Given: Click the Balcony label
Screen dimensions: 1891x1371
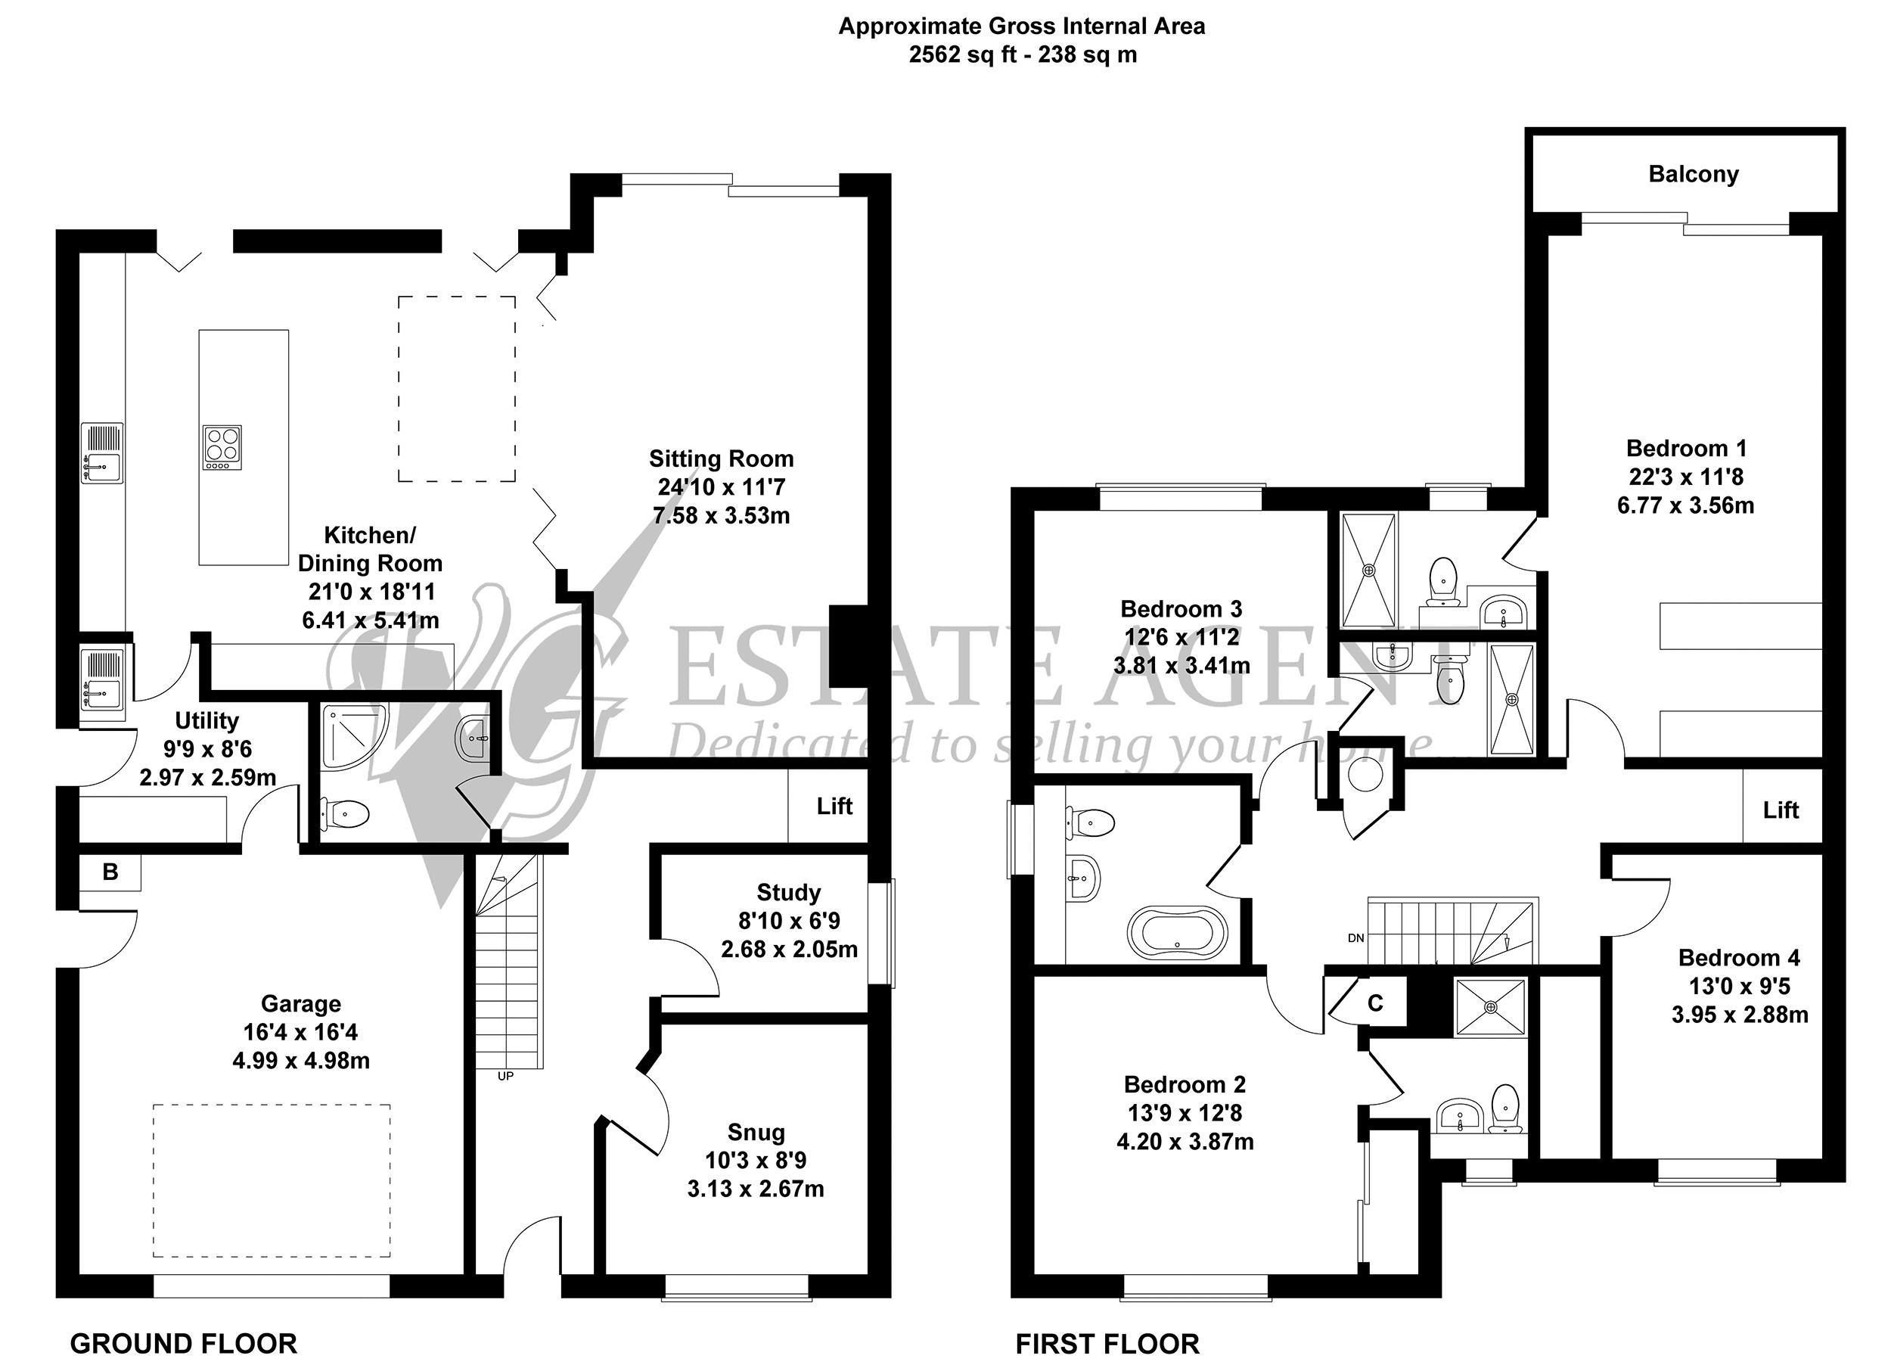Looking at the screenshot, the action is pos(1694,174).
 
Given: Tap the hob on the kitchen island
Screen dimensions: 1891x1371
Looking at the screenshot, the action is pos(222,447).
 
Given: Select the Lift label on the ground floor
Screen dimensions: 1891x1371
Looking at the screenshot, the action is pos(834,806).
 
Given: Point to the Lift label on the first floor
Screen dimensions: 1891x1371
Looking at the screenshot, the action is pos(1781,810).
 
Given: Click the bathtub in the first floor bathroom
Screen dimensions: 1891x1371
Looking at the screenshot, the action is pos(1177,931).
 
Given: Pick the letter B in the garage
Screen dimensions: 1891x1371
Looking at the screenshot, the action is pos(110,872).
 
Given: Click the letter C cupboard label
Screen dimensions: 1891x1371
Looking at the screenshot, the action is pos(1376,1003).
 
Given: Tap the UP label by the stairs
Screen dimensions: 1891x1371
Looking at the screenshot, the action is pos(505,1076).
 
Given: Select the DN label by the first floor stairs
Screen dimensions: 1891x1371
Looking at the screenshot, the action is pos(1355,938).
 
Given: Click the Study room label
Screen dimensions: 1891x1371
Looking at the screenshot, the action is pos(789,893).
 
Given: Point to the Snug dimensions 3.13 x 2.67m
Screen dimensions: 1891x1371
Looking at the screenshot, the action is pos(756,1189).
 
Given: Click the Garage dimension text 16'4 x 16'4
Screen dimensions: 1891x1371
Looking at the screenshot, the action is pos(300,1033).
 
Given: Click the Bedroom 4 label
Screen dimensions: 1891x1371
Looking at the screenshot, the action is pos(1739,957).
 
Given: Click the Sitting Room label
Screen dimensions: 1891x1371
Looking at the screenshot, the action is pos(721,459).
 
